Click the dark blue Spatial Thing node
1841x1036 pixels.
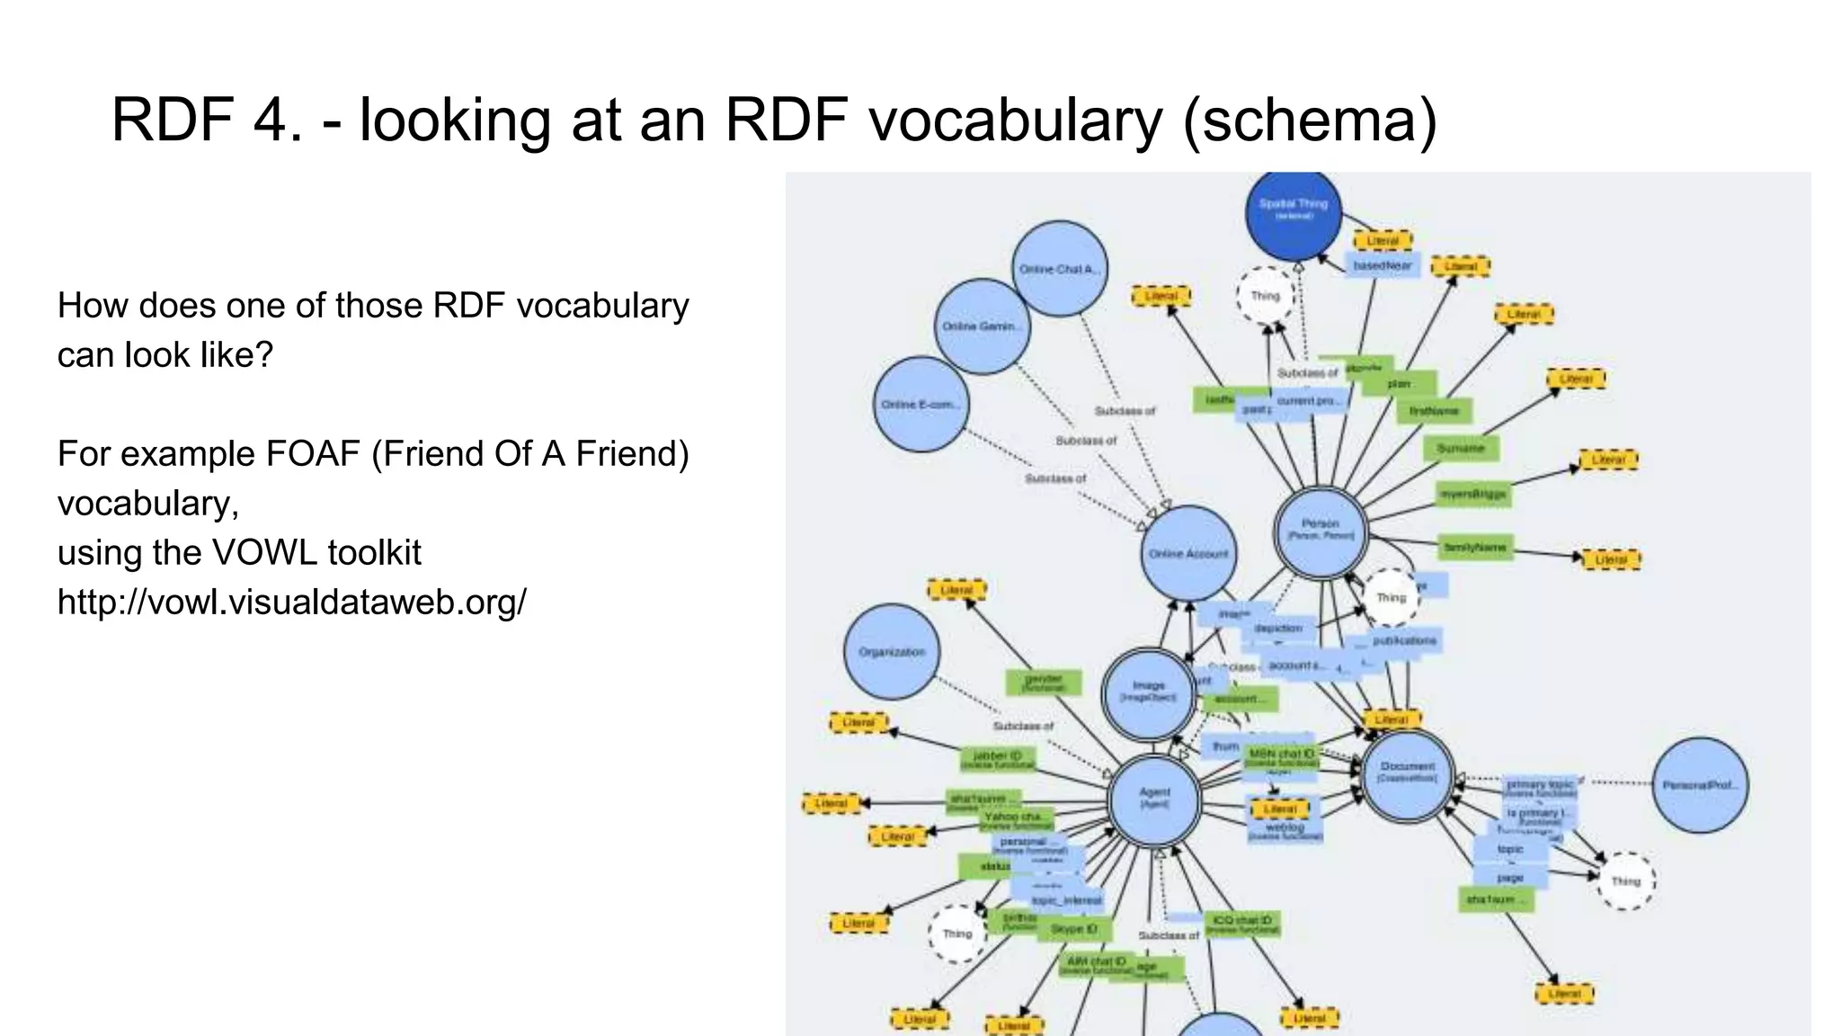[1293, 212]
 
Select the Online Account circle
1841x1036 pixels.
[1188, 553]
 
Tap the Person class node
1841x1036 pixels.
[1321, 532]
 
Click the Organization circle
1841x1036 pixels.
[892, 652]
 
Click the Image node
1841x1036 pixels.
[1149, 693]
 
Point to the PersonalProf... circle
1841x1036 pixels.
[1700, 785]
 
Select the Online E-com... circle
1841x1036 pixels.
[920, 405]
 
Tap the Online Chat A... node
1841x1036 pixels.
[1060, 269]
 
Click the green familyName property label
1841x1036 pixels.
[1474, 547]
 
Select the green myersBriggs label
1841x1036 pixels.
[1472, 494]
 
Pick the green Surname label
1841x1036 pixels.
[1461, 448]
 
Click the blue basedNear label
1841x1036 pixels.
[1383, 266]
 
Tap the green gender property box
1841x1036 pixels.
[1043, 683]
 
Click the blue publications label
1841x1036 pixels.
[1403, 640]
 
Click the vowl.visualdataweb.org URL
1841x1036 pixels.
[291, 602]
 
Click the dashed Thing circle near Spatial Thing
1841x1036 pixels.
[1266, 296]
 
